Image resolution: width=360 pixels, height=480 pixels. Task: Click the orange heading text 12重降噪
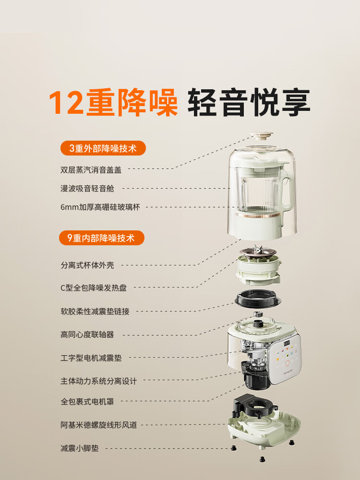click(113, 102)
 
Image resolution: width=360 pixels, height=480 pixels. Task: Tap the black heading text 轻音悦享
click(249, 102)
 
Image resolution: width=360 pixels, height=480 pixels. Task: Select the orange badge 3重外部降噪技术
click(103, 148)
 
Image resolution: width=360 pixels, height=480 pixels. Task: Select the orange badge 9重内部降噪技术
click(102, 237)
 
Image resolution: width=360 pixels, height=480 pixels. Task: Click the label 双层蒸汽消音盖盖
click(92, 169)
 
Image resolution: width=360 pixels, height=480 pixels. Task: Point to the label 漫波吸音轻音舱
click(87, 189)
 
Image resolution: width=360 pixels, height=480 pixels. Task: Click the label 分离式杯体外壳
click(87, 265)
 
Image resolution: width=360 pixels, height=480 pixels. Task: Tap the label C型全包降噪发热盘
click(94, 288)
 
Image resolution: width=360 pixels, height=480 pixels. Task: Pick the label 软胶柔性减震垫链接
click(95, 311)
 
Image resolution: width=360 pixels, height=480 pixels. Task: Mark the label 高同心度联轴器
click(87, 335)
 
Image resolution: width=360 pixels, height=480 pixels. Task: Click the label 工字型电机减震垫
click(91, 358)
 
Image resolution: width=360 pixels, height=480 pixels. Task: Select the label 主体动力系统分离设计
click(98, 381)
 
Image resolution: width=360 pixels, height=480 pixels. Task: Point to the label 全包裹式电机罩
click(87, 401)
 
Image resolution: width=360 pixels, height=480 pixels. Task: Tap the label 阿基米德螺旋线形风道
click(98, 425)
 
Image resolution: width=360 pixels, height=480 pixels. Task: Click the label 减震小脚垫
click(80, 448)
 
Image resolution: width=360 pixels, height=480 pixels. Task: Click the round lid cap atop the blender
click(261, 137)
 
